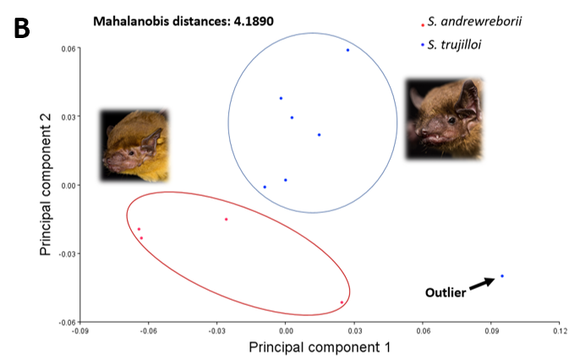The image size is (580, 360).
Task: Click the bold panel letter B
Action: click(x=22, y=27)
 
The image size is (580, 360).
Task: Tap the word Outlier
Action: click(x=445, y=293)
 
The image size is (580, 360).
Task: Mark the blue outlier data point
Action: click(x=502, y=275)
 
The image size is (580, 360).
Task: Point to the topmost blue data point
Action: click(x=347, y=50)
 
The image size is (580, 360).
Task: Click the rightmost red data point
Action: click(x=342, y=303)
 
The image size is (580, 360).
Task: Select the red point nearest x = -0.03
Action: click(x=226, y=220)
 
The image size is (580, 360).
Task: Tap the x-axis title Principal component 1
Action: click(x=319, y=346)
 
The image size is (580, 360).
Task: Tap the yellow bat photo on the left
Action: click(x=134, y=145)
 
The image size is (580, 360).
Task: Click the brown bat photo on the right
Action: click(x=444, y=118)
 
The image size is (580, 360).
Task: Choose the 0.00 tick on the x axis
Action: click(x=285, y=330)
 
